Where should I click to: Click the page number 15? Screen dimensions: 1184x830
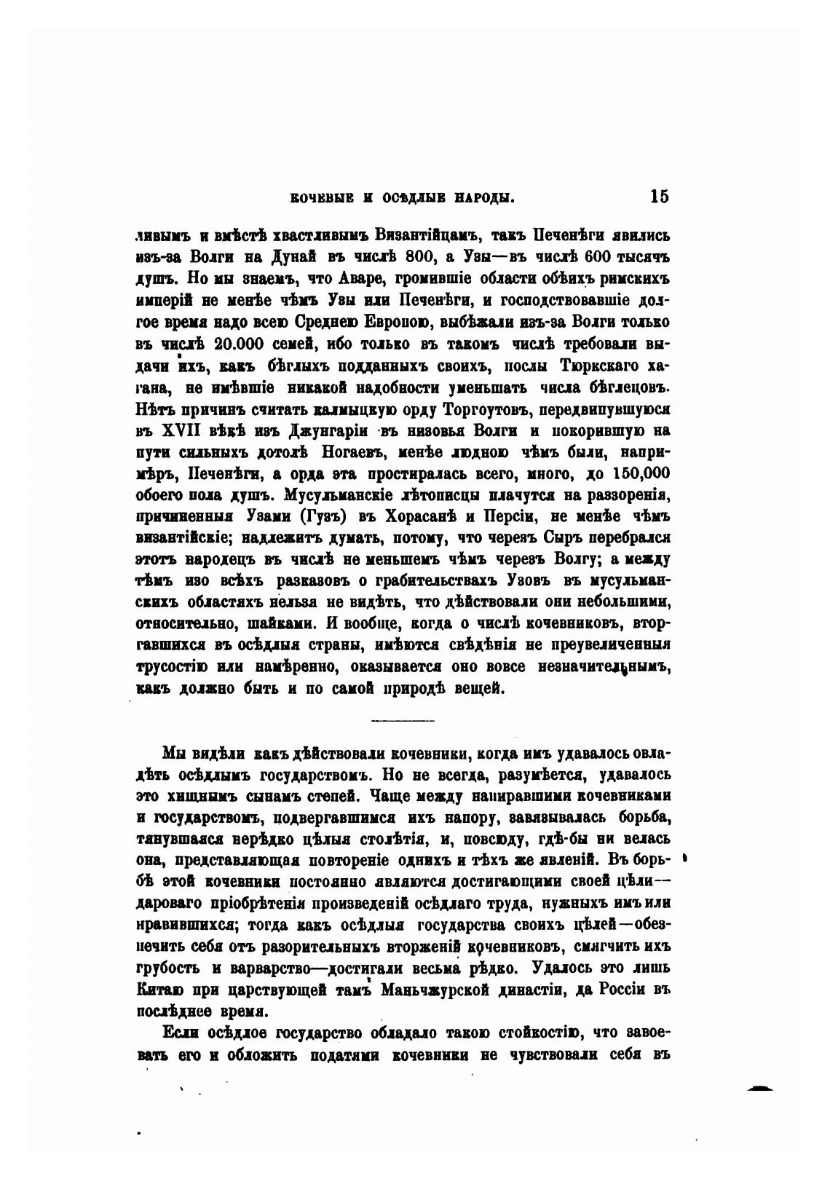(x=660, y=197)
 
